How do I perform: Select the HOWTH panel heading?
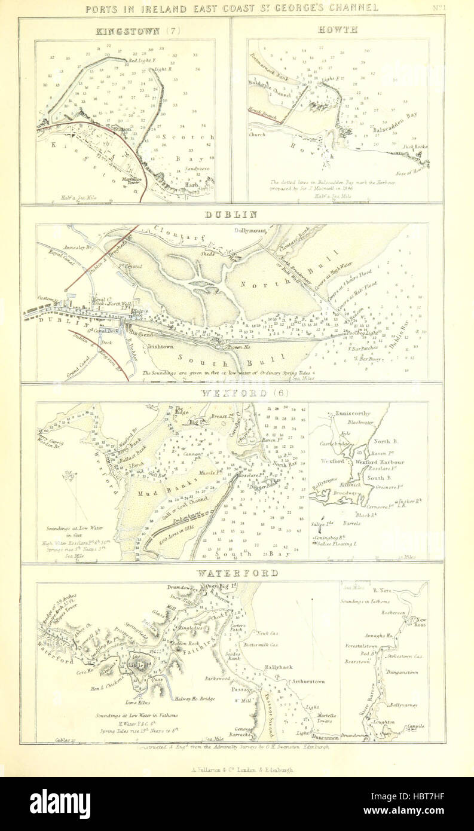click(x=338, y=29)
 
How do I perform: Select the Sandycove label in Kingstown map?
click(x=195, y=169)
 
